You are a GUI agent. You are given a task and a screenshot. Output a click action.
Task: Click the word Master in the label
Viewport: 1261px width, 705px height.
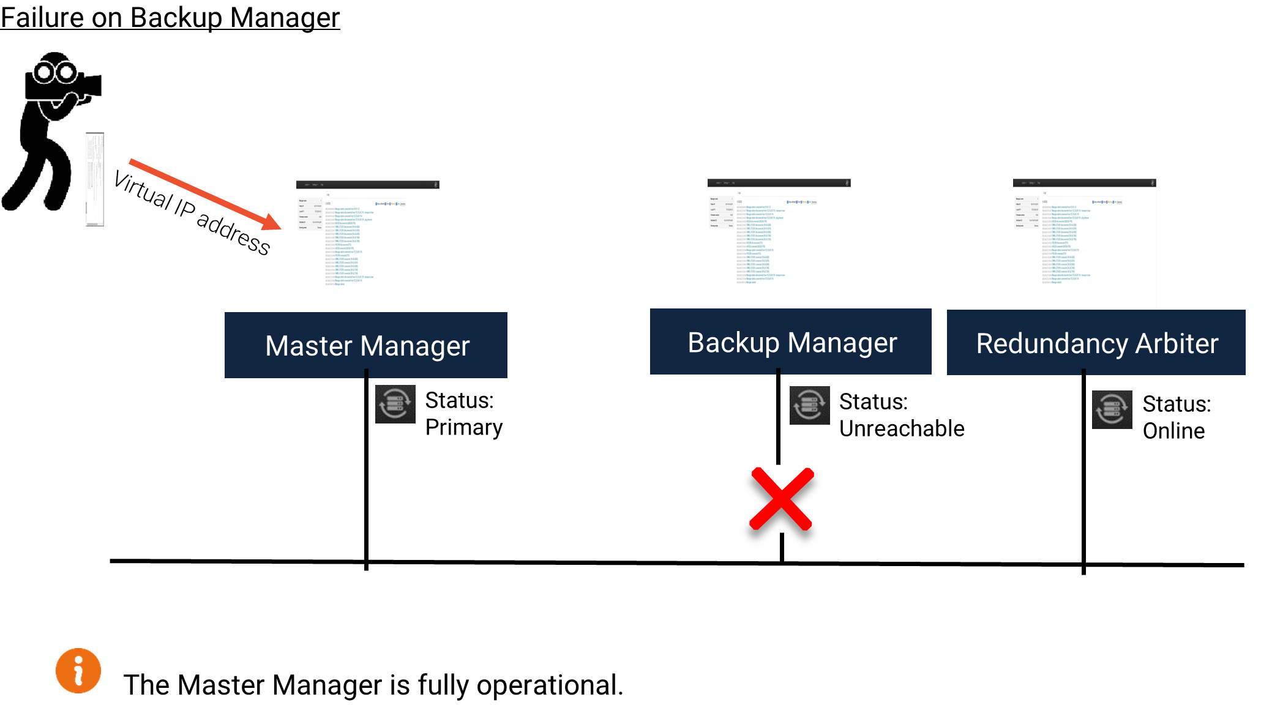[309, 346]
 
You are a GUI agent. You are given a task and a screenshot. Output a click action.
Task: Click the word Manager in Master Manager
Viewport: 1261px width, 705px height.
[415, 346]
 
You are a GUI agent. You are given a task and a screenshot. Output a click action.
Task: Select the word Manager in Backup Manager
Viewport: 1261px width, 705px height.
[844, 343]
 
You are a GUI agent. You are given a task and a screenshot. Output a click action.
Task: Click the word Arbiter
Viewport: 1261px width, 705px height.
[1177, 344]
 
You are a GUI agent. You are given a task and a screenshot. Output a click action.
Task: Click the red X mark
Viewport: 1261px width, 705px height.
[782, 499]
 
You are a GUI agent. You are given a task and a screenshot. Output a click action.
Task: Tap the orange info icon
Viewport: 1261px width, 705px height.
[78, 671]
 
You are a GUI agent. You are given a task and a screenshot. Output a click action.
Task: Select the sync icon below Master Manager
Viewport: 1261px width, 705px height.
[395, 404]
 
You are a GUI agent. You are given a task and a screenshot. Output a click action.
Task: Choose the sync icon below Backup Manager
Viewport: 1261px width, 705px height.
[810, 405]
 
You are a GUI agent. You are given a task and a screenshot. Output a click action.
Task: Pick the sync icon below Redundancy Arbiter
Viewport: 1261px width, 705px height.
[1112, 409]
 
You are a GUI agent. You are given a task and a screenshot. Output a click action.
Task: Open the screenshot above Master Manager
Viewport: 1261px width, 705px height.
[368, 251]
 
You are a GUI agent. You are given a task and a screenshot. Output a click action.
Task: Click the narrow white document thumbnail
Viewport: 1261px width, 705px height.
[95, 179]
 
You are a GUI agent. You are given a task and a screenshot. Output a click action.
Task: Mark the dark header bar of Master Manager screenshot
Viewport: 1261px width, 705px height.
[368, 184]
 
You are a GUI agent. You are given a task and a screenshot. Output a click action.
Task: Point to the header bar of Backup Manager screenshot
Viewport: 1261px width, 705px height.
[779, 182]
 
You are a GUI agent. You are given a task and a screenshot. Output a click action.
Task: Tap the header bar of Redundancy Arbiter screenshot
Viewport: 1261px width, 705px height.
[1085, 182]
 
